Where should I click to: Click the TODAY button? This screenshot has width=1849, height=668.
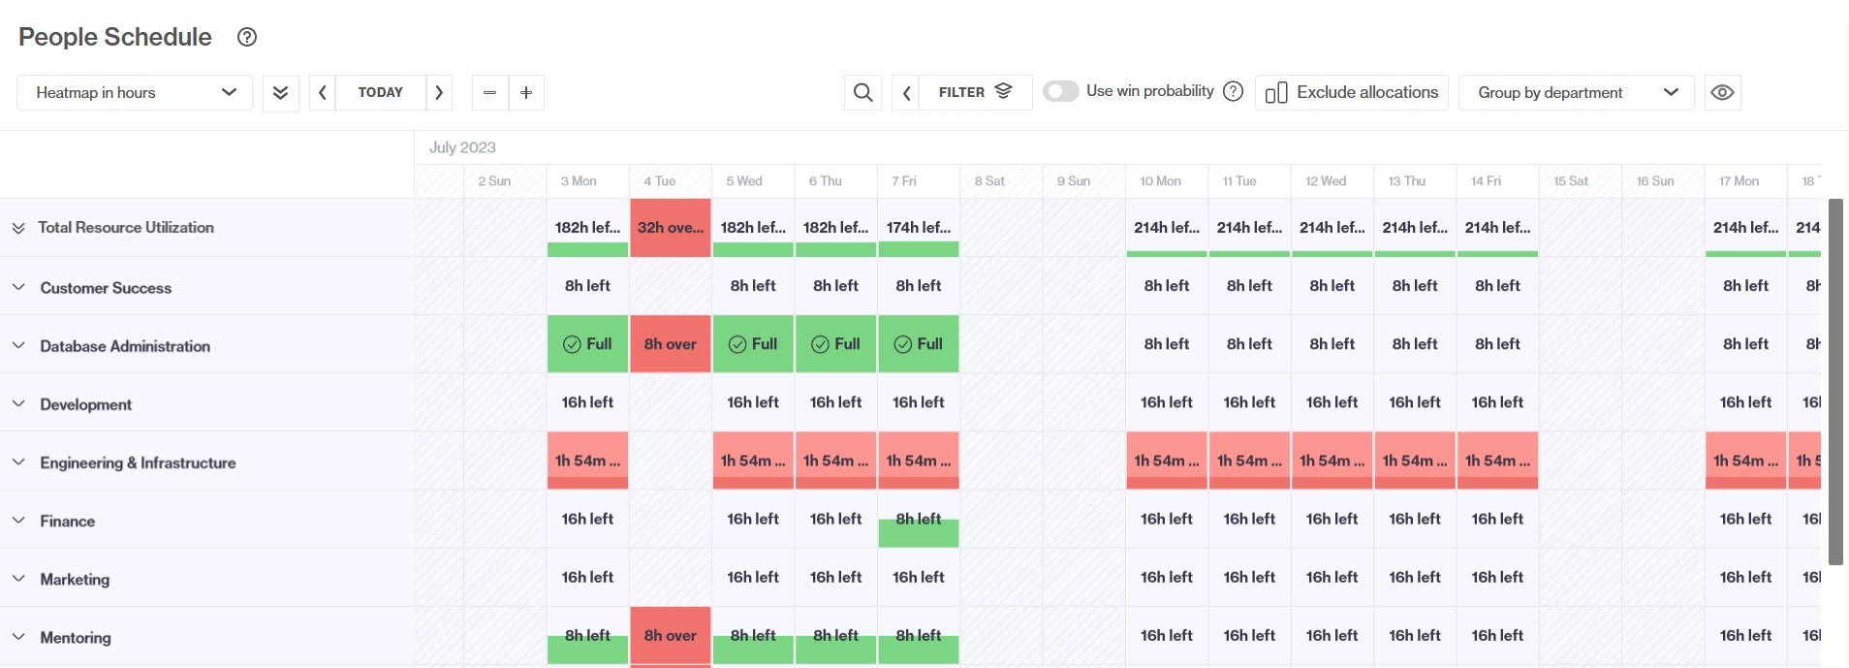380,92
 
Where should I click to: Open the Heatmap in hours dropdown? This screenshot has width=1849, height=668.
135,92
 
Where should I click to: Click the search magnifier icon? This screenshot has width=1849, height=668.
862,92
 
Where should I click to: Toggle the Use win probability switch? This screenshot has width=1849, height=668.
1060,91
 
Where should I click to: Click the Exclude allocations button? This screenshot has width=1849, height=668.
1351,92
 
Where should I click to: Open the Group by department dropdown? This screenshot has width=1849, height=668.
1576,92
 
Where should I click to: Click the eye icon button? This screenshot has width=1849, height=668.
1722,92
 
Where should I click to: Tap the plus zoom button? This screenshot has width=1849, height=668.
526,92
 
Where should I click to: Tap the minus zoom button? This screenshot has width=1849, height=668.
489,92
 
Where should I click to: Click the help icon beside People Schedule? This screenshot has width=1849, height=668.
247,37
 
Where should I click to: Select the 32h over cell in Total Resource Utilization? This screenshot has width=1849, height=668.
670,228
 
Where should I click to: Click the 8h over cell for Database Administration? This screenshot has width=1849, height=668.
670,344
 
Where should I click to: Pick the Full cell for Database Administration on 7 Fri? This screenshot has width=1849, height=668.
918,344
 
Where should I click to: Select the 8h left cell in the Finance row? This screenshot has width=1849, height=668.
918,520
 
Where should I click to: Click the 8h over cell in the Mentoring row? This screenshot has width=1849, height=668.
670,636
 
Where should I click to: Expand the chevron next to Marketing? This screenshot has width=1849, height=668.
18,579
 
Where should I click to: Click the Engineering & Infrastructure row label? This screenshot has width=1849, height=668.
138,462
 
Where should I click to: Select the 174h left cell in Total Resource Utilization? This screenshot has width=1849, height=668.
918,228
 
